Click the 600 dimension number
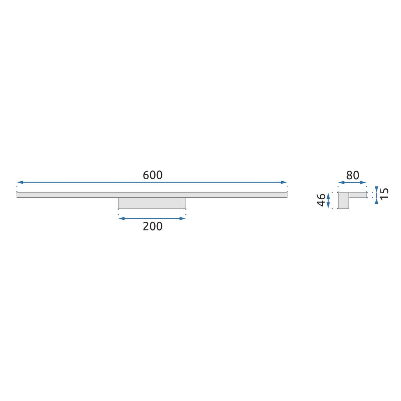click(x=153, y=175)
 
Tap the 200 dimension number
click(x=153, y=226)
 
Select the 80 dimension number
click(x=352, y=175)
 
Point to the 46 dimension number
click(x=321, y=200)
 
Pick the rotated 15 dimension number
click(x=385, y=193)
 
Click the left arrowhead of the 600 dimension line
click(x=20, y=182)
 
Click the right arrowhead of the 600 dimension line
click(x=284, y=182)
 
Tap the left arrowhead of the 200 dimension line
click(x=122, y=219)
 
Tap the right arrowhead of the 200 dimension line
click(x=182, y=219)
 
